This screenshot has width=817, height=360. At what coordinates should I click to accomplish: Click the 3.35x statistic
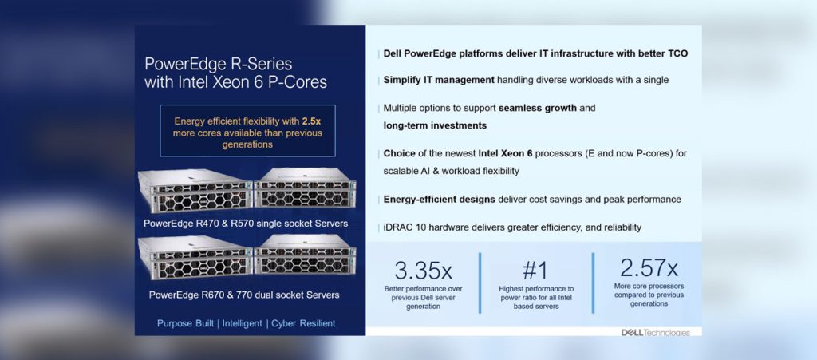pyautogui.click(x=424, y=271)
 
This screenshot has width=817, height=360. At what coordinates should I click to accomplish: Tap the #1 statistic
pyautogui.click(x=535, y=271)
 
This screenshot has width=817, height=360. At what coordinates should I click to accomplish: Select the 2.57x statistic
pyautogui.click(x=649, y=267)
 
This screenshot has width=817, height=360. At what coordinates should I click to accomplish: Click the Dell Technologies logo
pyautogui.click(x=655, y=332)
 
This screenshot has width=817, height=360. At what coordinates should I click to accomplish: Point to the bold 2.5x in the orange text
pyautogui.click(x=312, y=121)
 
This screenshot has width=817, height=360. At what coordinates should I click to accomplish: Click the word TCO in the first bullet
pyautogui.click(x=677, y=53)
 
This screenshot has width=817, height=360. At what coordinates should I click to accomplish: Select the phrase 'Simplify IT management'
pyautogui.click(x=439, y=81)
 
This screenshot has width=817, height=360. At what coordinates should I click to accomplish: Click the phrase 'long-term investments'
pyautogui.click(x=435, y=125)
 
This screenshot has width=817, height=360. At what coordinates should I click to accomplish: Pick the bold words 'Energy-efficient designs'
pyautogui.click(x=440, y=200)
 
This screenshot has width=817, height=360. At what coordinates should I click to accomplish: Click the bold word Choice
pyautogui.click(x=400, y=154)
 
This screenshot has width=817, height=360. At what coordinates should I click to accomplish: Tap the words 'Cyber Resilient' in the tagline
pyautogui.click(x=303, y=323)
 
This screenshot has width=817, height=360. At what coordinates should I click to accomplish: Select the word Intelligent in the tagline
pyautogui.click(x=243, y=323)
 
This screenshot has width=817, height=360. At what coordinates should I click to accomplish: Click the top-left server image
pyautogui.click(x=195, y=192)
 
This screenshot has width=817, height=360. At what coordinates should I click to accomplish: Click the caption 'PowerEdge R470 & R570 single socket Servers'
pyautogui.click(x=246, y=224)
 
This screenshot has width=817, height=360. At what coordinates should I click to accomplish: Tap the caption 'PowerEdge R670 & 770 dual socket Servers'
pyautogui.click(x=244, y=295)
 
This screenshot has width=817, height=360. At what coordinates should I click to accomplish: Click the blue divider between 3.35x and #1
pyautogui.click(x=480, y=283)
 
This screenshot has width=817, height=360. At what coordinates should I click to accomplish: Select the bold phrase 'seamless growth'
pyautogui.click(x=537, y=109)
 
